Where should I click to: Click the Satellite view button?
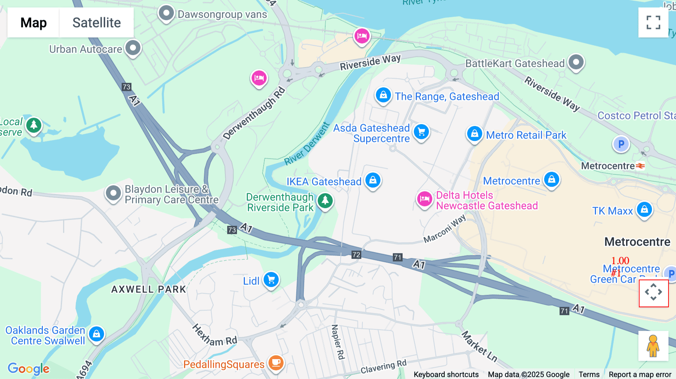coord(97,23)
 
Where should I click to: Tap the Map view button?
coord(33,23)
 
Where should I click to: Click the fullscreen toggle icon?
coord(653,23)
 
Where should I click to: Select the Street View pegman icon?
coord(653,346)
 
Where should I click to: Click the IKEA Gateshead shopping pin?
coord(373,180)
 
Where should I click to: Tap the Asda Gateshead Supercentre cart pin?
coord(421,132)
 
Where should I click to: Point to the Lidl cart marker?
coord(271,280)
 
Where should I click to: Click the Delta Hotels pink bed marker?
coord(424,199)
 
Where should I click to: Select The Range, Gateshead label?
coord(447,96)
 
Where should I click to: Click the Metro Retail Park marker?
coord(474,134)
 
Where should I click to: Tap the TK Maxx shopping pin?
coord(644,209)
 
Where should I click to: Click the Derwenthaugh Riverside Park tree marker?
coord(325,201)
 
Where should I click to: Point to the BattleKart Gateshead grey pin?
coord(576,62)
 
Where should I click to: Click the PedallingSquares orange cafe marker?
coord(276,363)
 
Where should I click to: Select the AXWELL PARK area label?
coord(149,289)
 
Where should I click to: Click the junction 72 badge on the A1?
coord(356,255)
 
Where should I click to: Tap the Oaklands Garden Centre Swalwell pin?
coord(97,334)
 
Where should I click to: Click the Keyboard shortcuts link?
coord(446,374)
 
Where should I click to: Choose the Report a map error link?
coord(640,374)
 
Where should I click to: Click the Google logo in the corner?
coord(29,368)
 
